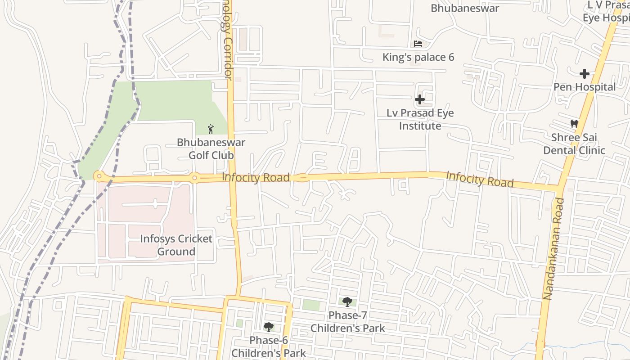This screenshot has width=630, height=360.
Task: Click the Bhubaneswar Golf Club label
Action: pos(211,149)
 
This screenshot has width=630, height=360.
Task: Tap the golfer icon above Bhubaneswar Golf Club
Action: pos(211,130)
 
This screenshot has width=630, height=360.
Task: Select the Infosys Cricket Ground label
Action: pos(176,245)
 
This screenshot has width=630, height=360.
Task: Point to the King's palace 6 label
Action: pos(418,57)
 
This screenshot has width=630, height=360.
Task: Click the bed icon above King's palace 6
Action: pos(418,44)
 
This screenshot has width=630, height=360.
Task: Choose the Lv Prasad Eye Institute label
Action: pos(420,119)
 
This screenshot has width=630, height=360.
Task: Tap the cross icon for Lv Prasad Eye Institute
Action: pos(420,99)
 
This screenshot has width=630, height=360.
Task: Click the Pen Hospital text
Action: pos(584,87)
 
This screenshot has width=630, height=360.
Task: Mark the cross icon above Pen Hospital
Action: pos(584,73)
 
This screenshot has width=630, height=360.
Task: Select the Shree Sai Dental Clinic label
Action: pos(574,144)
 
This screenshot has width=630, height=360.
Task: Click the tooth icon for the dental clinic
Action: pos(574,124)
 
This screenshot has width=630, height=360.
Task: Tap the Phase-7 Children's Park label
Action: pos(347,321)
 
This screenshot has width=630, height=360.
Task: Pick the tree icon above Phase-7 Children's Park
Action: pos(347,301)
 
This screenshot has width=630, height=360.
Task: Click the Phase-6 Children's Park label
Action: pos(269,346)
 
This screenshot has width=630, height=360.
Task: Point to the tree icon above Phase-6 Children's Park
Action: pos(269,327)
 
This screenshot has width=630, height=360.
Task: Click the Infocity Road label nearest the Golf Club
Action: pos(256,178)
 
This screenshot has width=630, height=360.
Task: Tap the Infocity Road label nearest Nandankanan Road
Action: pos(479,179)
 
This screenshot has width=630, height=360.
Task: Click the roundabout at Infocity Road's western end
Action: pos(99,176)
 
